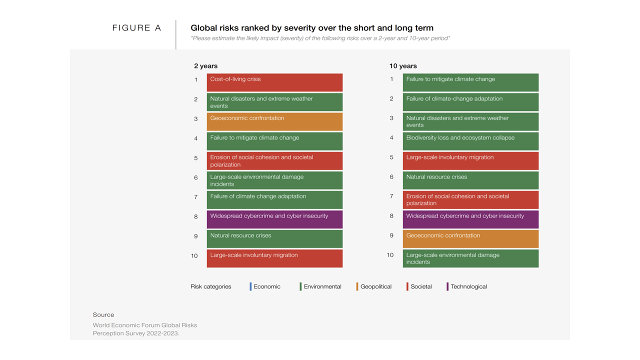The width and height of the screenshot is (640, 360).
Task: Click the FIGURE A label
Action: [136, 28]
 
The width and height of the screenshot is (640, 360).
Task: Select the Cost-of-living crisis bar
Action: [274, 82]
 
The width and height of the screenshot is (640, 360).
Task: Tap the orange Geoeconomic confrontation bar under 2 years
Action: [274, 121]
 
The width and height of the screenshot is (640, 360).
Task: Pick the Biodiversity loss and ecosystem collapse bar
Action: [470, 141]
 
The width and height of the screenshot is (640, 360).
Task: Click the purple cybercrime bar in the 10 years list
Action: [470, 219]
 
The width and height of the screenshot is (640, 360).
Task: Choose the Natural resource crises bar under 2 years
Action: [274, 238]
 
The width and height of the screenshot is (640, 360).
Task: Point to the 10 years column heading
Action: [403, 66]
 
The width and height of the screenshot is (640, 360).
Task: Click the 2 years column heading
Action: [206, 66]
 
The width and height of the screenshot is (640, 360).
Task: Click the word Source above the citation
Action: [103, 315]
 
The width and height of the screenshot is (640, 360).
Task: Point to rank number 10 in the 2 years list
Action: [194, 256]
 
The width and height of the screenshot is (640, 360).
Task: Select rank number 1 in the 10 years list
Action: [391, 79]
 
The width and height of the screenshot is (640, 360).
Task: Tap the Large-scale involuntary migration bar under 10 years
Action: [470, 160]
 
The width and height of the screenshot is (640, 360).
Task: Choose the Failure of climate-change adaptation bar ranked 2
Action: [470, 102]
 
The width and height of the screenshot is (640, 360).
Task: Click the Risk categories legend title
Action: [210, 287]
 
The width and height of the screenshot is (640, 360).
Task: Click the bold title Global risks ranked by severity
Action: [312, 28]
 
